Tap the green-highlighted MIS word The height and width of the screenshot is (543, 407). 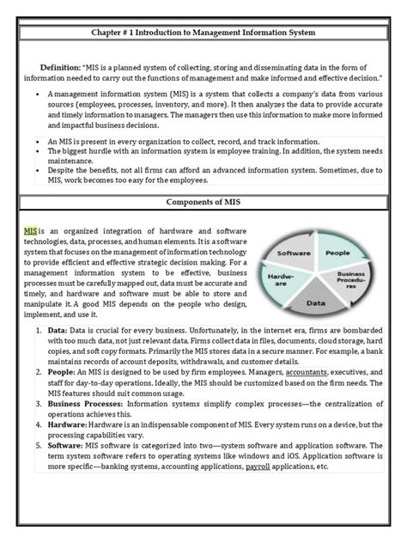(30, 232)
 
